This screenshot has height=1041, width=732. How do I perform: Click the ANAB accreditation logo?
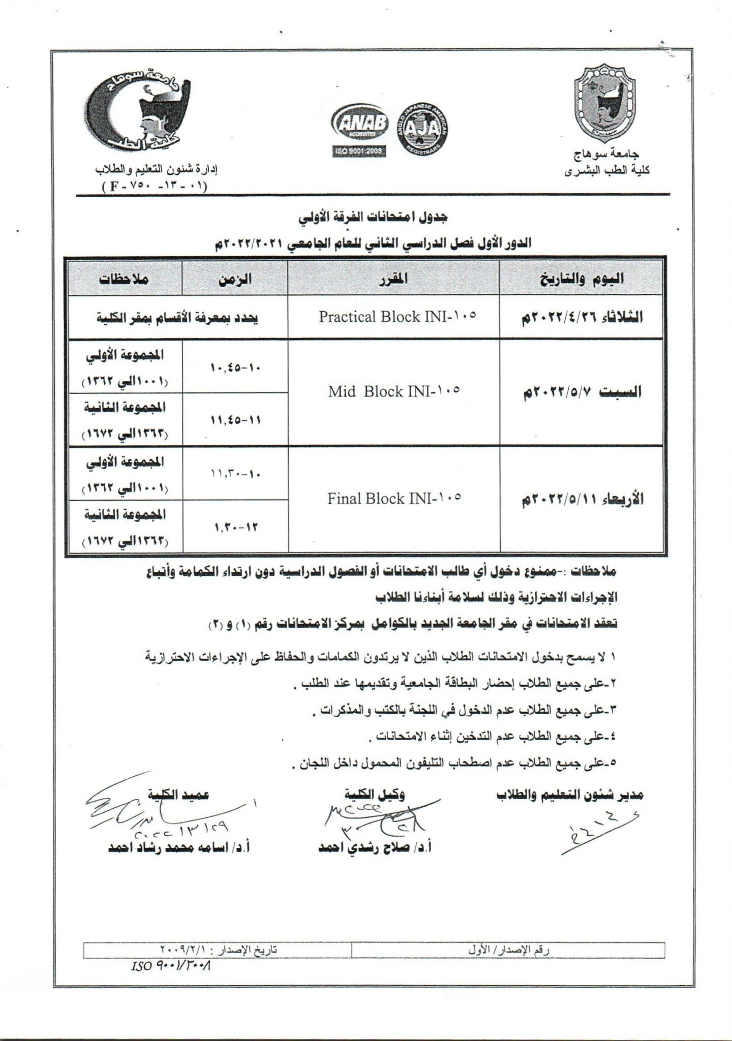coord(359,123)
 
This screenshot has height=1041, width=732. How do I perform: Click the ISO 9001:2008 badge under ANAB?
coord(359,151)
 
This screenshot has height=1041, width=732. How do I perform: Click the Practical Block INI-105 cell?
coord(398,317)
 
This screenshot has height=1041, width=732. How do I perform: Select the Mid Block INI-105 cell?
coord(393,391)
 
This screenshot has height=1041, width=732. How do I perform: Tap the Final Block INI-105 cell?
coord(394,498)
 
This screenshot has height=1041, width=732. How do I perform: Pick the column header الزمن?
coord(235,279)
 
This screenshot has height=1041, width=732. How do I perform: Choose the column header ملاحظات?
coord(124,279)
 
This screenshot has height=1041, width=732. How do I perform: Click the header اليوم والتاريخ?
coord(581,279)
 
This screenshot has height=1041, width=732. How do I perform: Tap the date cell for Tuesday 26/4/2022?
coord(581,317)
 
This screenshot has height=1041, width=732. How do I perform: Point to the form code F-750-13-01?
coord(155,186)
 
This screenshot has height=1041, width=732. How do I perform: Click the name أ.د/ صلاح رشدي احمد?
coord(374,848)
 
